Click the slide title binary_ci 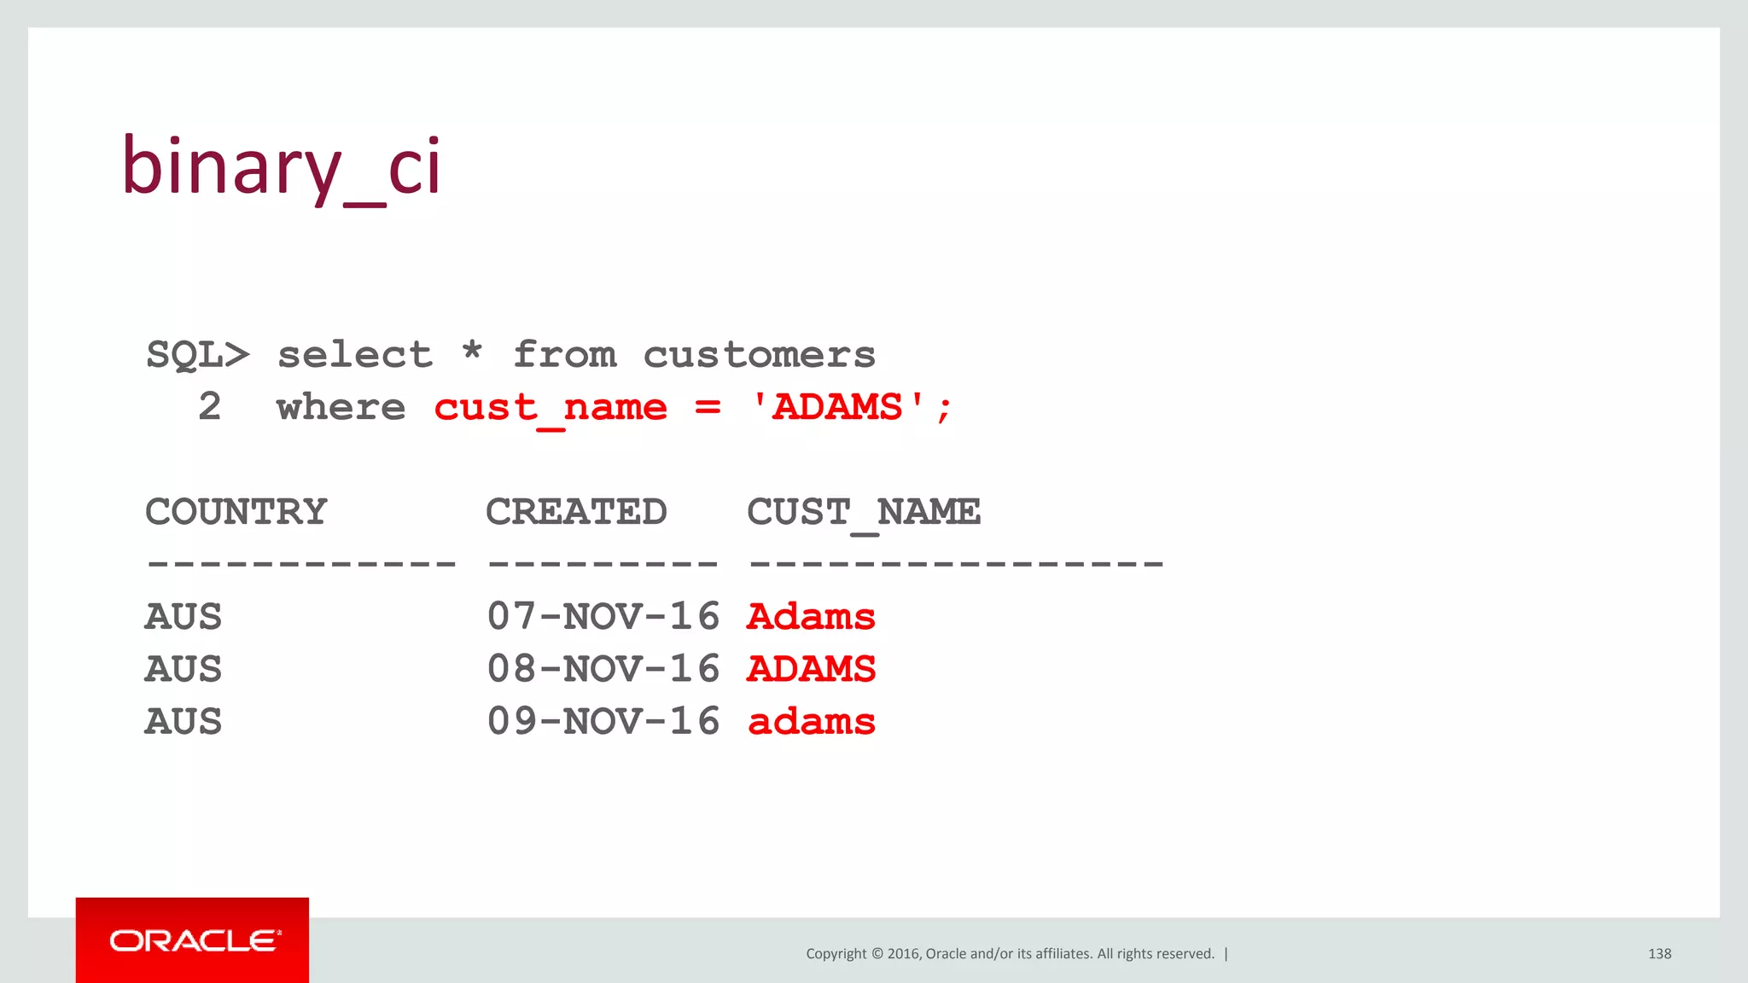(x=281, y=167)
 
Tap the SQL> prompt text (x=197, y=354)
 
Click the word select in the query (x=355, y=354)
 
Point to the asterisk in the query (x=472, y=351)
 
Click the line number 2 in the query (x=210, y=406)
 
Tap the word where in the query (x=341, y=407)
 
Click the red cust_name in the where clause (x=550, y=408)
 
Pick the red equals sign (x=708, y=408)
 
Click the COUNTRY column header (x=236, y=512)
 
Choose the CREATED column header (x=576, y=512)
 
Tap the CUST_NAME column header (x=863, y=513)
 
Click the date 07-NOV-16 (x=603, y=616)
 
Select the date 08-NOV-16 (x=603, y=669)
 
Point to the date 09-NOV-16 (x=603, y=721)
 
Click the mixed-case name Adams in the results (x=811, y=616)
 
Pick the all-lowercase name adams (x=811, y=722)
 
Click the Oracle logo (x=193, y=940)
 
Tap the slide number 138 (x=1659, y=953)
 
